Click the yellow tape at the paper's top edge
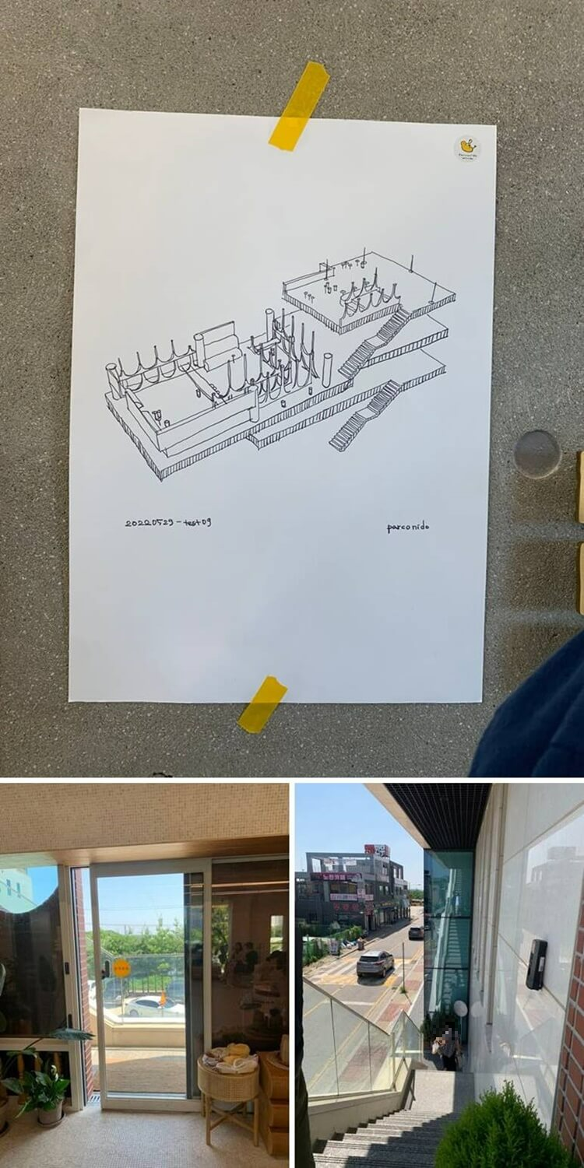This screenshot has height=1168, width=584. click(x=298, y=105)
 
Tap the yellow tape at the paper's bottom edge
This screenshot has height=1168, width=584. click(x=262, y=704)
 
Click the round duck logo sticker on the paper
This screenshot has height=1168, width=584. click(x=466, y=148)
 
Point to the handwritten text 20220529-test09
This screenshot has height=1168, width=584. click(x=167, y=522)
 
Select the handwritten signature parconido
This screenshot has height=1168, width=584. click(x=407, y=528)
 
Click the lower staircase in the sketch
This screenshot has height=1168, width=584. click(x=364, y=416)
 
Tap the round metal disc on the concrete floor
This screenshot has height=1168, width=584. click(x=537, y=454)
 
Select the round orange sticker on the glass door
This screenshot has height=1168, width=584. click(x=121, y=968)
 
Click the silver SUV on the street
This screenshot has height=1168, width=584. click(x=375, y=963)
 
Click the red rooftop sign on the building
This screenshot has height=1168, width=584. click(x=376, y=851)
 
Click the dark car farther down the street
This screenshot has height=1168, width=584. click(x=417, y=931)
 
